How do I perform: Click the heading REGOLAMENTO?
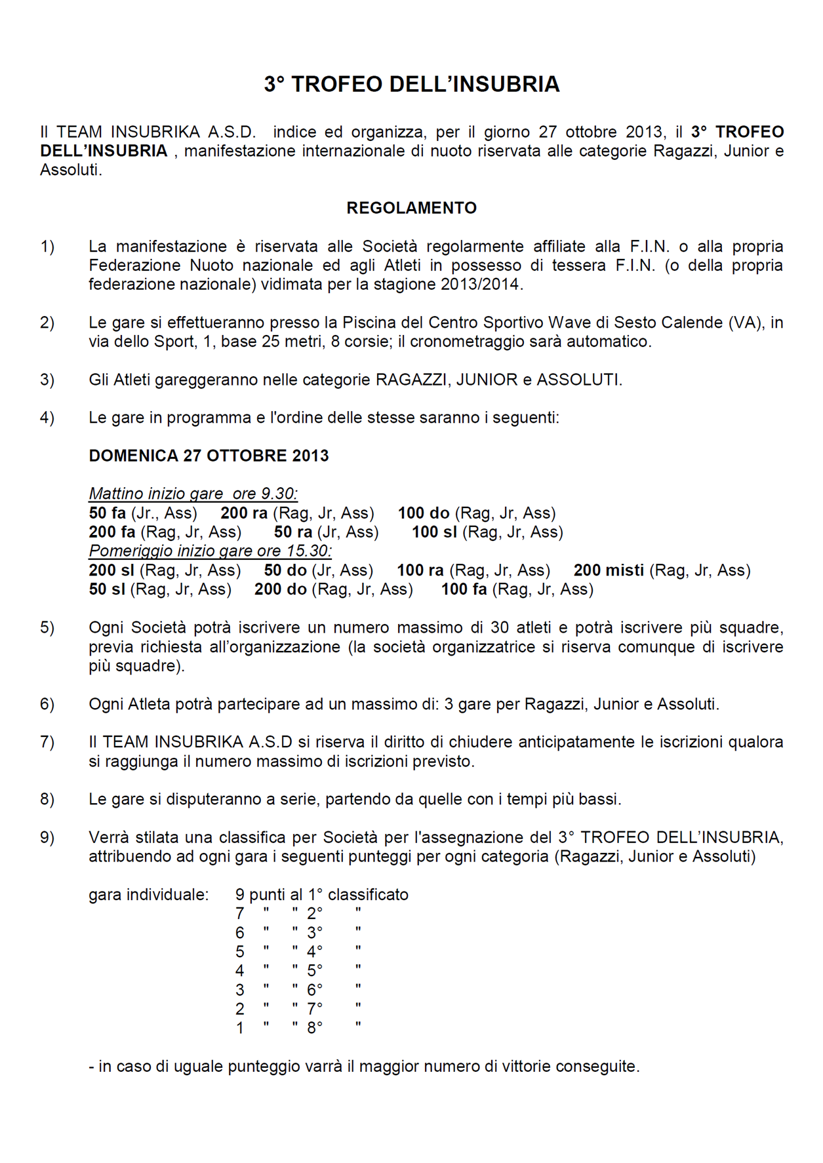(411, 208)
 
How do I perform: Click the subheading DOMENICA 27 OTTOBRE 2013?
(209, 456)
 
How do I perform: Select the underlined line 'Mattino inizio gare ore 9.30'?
(193, 494)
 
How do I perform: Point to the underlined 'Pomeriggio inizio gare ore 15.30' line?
(210, 551)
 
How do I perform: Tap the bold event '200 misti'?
(609, 570)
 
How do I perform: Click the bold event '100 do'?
(424, 513)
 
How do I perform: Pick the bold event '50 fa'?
(107, 513)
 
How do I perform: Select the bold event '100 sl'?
(434, 532)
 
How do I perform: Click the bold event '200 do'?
(281, 589)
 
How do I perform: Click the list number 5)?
(47, 627)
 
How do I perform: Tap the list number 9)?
(47, 837)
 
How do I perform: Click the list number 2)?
(47, 323)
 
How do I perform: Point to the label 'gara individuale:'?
(149, 894)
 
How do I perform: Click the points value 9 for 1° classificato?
(240, 894)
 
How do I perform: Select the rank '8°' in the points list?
(315, 1028)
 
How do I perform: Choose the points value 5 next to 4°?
(240, 951)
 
